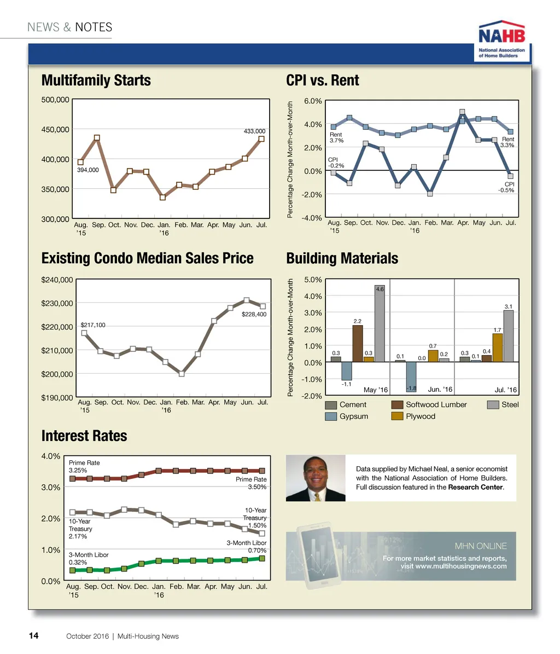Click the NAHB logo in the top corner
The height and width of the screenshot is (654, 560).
pyautogui.click(x=502, y=42)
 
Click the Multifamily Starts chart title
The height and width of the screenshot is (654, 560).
pyautogui.click(x=96, y=80)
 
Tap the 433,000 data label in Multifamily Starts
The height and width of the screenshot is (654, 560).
pyautogui.click(x=254, y=131)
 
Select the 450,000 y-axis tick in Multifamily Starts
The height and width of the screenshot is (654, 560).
pyautogui.click(x=55, y=130)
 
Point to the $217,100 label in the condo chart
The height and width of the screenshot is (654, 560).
pyautogui.click(x=93, y=325)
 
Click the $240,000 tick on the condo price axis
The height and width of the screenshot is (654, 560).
pyautogui.click(x=57, y=280)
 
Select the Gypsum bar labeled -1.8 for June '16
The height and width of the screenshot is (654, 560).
pyautogui.click(x=411, y=377)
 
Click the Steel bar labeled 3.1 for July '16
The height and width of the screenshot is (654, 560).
pyautogui.click(x=508, y=335)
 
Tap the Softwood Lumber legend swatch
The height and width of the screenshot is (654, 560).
pyautogui.click(x=398, y=405)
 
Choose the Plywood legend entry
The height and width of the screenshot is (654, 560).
pyautogui.click(x=420, y=416)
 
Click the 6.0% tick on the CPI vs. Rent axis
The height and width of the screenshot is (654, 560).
pyautogui.click(x=312, y=101)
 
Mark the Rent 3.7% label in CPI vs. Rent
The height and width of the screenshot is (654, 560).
pyautogui.click(x=336, y=137)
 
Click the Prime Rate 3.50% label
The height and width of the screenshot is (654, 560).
pyautogui.click(x=252, y=483)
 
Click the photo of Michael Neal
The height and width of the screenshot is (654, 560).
pyautogui.click(x=316, y=478)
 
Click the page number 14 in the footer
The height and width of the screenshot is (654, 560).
pyautogui.click(x=33, y=635)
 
